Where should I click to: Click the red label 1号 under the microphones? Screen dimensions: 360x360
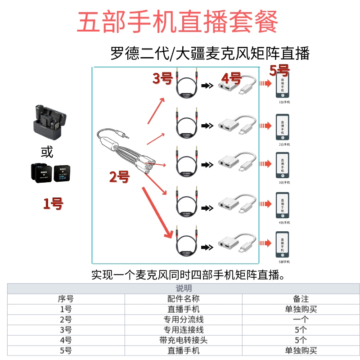pyautogui.click(x=53, y=203)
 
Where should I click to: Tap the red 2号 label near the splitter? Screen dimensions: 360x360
pyautogui.click(x=119, y=177)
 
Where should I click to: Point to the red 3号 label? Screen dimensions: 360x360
pyautogui.click(x=163, y=79)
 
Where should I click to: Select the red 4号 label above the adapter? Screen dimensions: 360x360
pyautogui.click(x=231, y=78)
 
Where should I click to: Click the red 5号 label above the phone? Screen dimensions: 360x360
pyautogui.click(x=279, y=70)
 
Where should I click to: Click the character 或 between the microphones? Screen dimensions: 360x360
pyautogui.click(x=47, y=152)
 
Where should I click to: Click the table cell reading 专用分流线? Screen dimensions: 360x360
pyautogui.click(x=183, y=319)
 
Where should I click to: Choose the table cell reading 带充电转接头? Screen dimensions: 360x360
pyautogui.click(x=183, y=340)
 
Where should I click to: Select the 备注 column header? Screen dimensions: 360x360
pyautogui.click(x=301, y=299)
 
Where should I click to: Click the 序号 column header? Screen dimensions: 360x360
pyautogui.click(x=66, y=299)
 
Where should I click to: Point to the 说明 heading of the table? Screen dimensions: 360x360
pyautogui.click(x=183, y=288)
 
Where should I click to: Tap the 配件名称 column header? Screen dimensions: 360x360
pyautogui.click(x=183, y=299)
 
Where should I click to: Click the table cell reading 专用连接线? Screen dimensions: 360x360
pyautogui.click(x=183, y=330)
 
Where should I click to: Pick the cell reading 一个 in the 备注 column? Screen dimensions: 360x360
pyautogui.click(x=301, y=319)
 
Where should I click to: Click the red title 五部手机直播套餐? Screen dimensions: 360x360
pyautogui.click(x=178, y=21)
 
